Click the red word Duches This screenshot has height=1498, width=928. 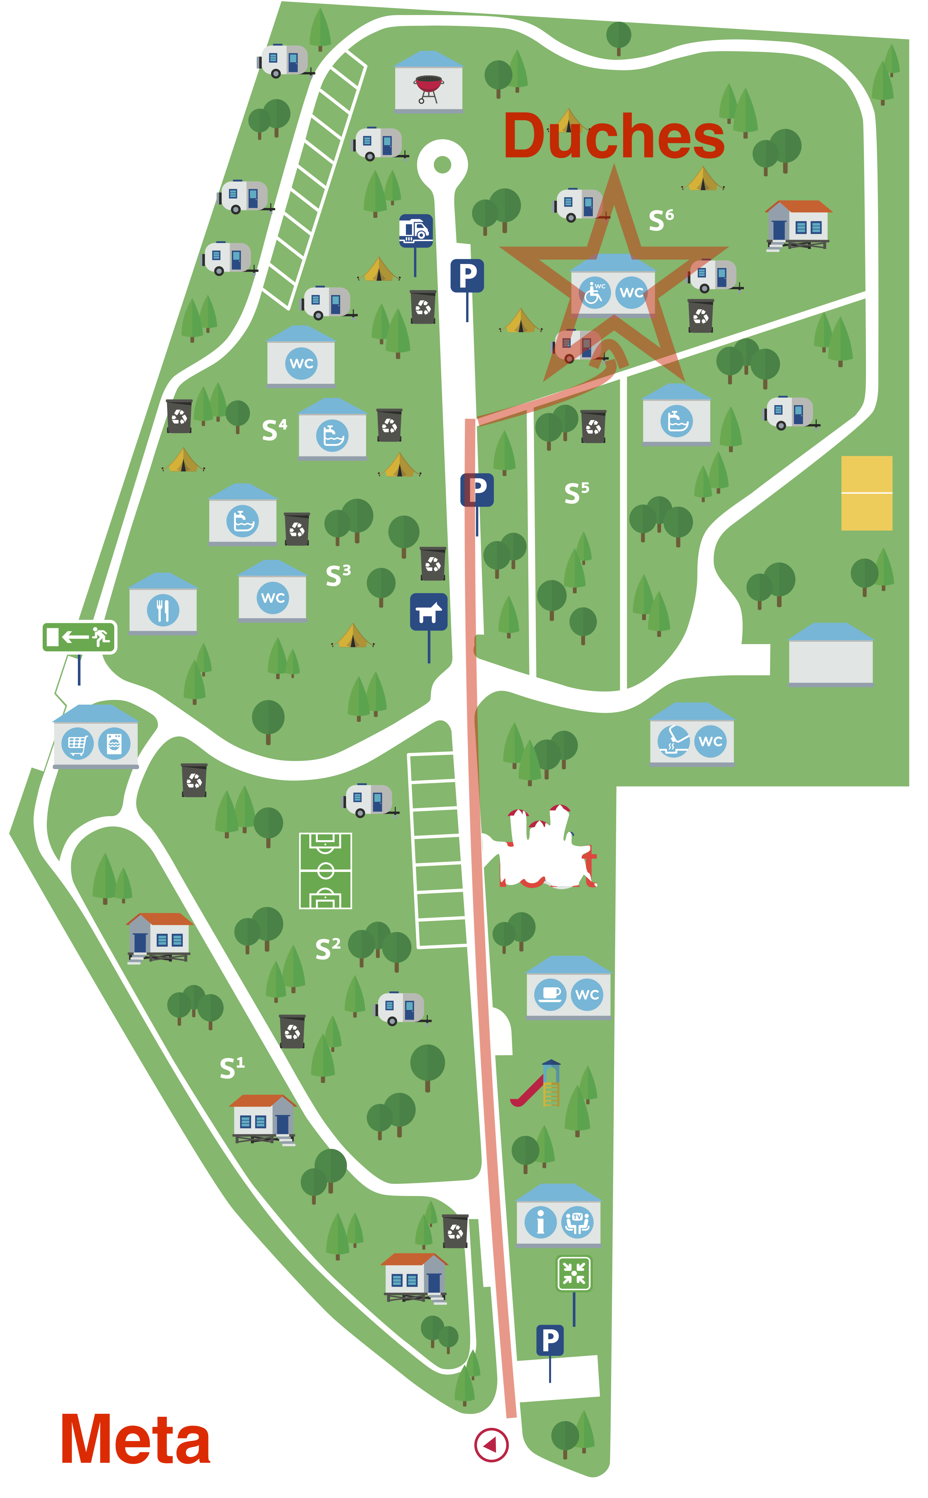[x=614, y=136]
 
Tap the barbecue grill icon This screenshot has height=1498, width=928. [x=428, y=87]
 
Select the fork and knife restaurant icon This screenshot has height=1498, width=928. [x=163, y=610]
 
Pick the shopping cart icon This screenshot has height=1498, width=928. [x=77, y=744]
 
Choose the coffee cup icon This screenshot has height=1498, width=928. [x=550, y=994]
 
